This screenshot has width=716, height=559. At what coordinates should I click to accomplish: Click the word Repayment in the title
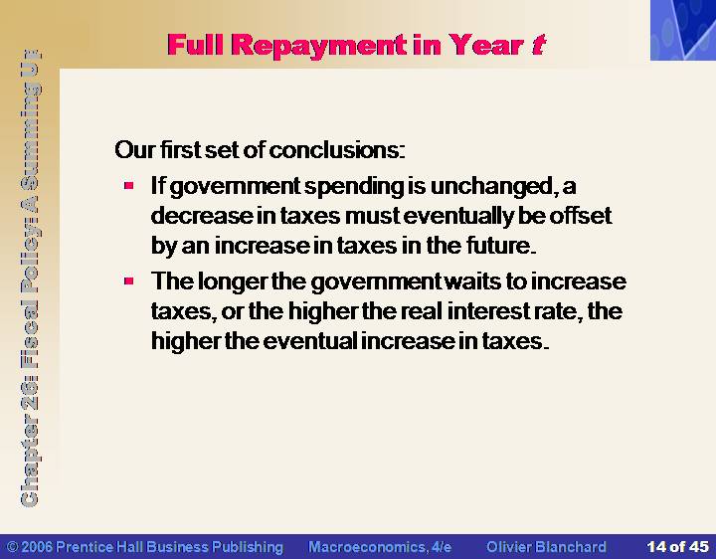(319, 46)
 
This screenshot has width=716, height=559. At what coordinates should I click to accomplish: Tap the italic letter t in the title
(538, 45)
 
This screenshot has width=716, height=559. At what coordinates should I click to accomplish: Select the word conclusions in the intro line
(336, 150)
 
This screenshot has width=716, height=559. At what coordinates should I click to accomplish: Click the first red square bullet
(128, 185)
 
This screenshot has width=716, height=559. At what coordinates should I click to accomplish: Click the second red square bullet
(128, 280)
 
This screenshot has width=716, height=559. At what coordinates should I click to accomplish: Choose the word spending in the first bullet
(354, 187)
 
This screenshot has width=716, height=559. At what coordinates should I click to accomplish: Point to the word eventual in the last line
(310, 341)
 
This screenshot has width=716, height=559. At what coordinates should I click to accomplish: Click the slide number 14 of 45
(677, 547)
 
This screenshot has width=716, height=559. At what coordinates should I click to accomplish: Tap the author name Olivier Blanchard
(547, 547)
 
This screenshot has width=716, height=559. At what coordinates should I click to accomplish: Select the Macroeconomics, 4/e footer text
(380, 547)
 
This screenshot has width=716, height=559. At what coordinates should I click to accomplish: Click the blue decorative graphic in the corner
(683, 30)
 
